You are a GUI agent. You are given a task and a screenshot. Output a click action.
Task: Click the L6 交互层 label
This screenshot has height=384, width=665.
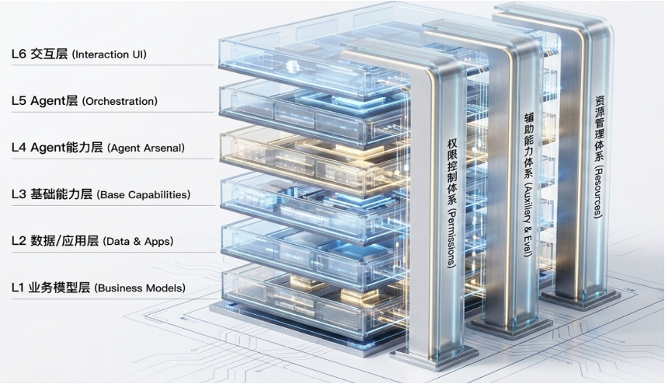40,54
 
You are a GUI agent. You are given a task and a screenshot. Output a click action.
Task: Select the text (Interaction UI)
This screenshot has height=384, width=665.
110,54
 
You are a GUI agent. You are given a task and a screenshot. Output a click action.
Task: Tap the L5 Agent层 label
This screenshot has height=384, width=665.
44,101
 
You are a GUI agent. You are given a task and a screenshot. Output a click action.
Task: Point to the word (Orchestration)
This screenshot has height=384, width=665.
120,101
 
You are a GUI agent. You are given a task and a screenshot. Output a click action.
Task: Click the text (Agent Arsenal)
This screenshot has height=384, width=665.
146,148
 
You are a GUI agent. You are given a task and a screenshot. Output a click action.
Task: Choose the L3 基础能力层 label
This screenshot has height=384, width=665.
52,194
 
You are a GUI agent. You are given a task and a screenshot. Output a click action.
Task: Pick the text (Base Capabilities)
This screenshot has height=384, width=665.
144,195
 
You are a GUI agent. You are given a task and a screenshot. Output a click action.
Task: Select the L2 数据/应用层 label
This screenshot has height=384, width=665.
55,241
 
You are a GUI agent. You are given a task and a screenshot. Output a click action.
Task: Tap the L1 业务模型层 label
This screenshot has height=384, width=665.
51,288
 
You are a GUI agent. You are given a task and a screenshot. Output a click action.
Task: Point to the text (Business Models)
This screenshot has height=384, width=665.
140,288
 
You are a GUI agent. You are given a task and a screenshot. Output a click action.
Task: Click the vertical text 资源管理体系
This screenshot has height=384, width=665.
599,128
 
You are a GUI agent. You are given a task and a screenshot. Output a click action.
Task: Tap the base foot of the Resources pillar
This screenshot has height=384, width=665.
581,298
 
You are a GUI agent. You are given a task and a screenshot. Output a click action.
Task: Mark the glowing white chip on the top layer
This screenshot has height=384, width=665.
293,67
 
